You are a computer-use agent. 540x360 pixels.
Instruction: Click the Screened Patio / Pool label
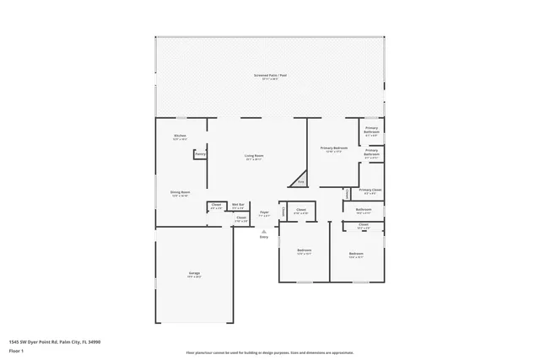pyautogui.click(x=270, y=76)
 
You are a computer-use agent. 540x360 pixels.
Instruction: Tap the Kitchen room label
pyautogui.click(x=180, y=136)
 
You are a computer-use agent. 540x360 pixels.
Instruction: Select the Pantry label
pyautogui.click(x=200, y=153)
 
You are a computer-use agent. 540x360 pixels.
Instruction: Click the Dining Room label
pyautogui.click(x=180, y=192)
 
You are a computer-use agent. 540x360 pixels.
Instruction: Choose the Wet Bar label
pyautogui.click(x=238, y=205)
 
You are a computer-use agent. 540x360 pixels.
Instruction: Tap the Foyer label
pyautogui.click(x=264, y=212)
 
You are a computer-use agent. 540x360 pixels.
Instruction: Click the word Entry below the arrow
pyautogui.click(x=264, y=237)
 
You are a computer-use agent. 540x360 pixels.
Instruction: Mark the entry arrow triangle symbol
pyautogui.click(x=264, y=231)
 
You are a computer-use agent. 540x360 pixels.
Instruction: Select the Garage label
pyautogui.click(x=194, y=273)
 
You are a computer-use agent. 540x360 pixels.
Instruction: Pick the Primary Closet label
pyautogui.click(x=370, y=191)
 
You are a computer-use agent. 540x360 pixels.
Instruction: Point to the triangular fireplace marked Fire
pyautogui.click(x=300, y=180)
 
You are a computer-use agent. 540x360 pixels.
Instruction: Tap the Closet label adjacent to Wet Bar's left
pyautogui.click(x=216, y=205)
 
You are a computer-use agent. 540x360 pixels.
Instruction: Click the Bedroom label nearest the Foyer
pyautogui.click(x=305, y=250)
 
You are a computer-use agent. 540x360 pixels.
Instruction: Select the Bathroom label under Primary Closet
pyautogui.click(x=364, y=209)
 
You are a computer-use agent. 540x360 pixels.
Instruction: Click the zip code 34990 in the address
pyautogui.click(x=94, y=341)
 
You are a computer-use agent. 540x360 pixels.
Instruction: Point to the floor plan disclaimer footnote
pyautogui.click(x=270, y=352)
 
